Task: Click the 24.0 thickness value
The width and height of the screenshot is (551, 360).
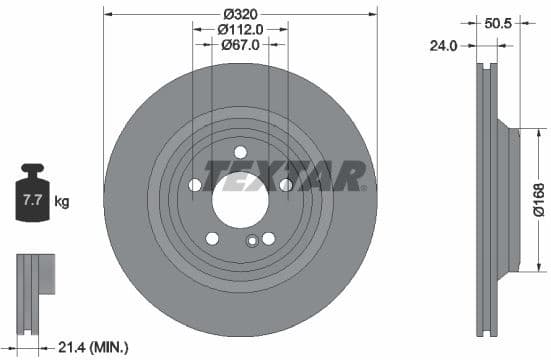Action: pos(443,46)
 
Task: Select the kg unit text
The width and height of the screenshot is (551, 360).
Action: pos(62,202)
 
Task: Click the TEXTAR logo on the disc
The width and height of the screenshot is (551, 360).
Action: pos(286,176)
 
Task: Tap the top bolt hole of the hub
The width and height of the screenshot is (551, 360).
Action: pos(240,152)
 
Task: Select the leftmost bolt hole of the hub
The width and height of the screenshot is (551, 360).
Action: pos(194,184)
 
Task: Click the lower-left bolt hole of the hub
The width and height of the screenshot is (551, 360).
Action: pos(212,238)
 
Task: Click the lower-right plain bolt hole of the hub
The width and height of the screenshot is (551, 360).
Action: pos(268,237)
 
